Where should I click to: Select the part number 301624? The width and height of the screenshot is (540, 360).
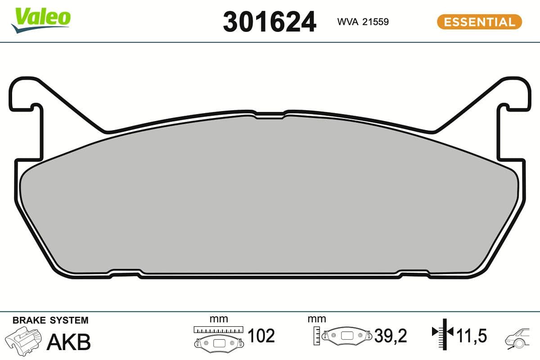point(269,22)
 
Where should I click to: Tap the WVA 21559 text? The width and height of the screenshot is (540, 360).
point(363,22)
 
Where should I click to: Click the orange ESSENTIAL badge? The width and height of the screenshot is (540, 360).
point(479,22)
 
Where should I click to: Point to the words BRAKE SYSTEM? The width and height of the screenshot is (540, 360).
point(50,320)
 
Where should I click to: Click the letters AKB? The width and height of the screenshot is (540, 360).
point(69,342)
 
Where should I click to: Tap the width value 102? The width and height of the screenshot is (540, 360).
point(261,336)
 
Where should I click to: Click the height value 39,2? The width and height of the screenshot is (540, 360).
point(390,336)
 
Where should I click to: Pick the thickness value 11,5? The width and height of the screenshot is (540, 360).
point(472,336)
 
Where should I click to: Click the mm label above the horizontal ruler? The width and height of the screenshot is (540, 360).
point(219,319)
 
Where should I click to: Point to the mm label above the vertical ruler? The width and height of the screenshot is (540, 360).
point(317,319)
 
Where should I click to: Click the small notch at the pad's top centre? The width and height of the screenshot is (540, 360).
point(270,115)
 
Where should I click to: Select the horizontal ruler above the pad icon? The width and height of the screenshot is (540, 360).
point(218,329)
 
